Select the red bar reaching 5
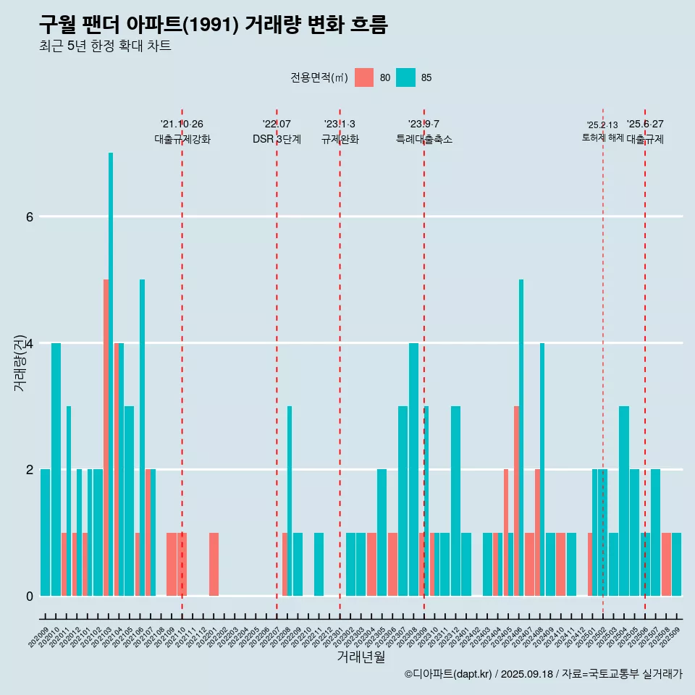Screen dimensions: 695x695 [106, 437]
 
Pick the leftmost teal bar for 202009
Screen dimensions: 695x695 [45, 532]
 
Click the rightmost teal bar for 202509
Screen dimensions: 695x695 [676, 564]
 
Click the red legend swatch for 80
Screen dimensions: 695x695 [364, 77]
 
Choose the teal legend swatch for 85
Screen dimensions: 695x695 [405, 77]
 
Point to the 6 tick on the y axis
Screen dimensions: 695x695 [30, 216]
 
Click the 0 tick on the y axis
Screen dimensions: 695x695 [30, 596]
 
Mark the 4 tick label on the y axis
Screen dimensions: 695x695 [30, 343]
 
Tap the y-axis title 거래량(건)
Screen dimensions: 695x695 [20, 362]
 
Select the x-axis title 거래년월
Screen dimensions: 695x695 [361, 657]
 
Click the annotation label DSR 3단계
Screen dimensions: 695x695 [277, 139]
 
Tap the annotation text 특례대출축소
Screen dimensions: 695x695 [424, 139]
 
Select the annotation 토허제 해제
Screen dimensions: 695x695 [602, 137]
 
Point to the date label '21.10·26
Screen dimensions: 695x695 [182, 125]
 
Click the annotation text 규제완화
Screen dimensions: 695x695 [340, 139]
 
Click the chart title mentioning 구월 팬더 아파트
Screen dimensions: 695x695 [214, 25]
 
